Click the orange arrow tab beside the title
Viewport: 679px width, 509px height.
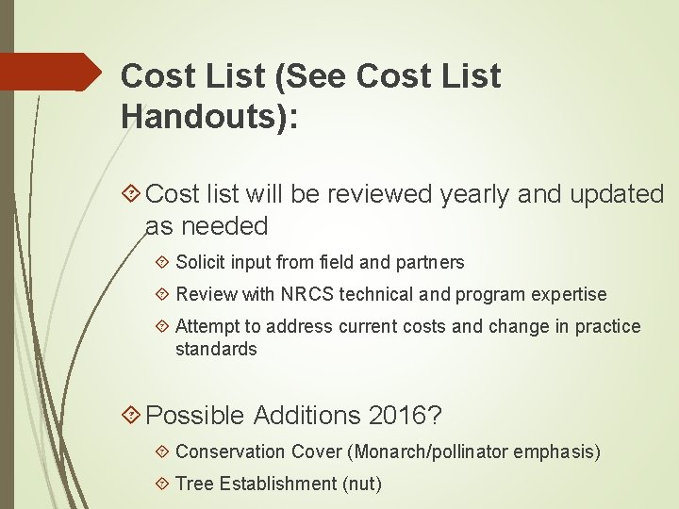coord(51,72)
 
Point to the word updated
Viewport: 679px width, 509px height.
coord(617,194)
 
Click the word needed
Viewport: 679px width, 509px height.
coord(226,226)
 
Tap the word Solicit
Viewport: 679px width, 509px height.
coord(203,262)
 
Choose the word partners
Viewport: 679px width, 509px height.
coord(429,262)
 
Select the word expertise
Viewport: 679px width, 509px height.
coord(568,294)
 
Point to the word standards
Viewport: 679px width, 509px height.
coord(216,349)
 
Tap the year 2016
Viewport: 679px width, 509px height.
coord(411,415)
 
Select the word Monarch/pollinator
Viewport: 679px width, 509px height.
coord(434,452)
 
